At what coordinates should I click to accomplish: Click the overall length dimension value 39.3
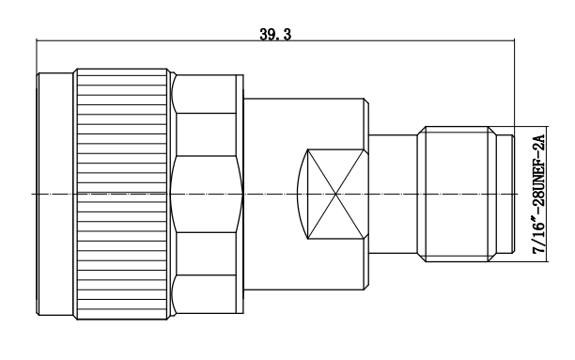click(x=275, y=34)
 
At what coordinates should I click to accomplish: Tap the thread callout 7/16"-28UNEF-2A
click(x=538, y=195)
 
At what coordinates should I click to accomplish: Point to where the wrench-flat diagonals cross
click(x=335, y=194)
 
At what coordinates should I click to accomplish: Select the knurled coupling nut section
click(x=122, y=194)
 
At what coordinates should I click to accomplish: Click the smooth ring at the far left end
click(x=55, y=194)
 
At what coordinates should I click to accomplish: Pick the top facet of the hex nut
click(x=206, y=94)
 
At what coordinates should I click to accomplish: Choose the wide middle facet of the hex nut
click(x=206, y=194)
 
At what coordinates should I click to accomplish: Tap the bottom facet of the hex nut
click(x=206, y=294)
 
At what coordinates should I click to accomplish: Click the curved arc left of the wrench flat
click(x=299, y=194)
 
